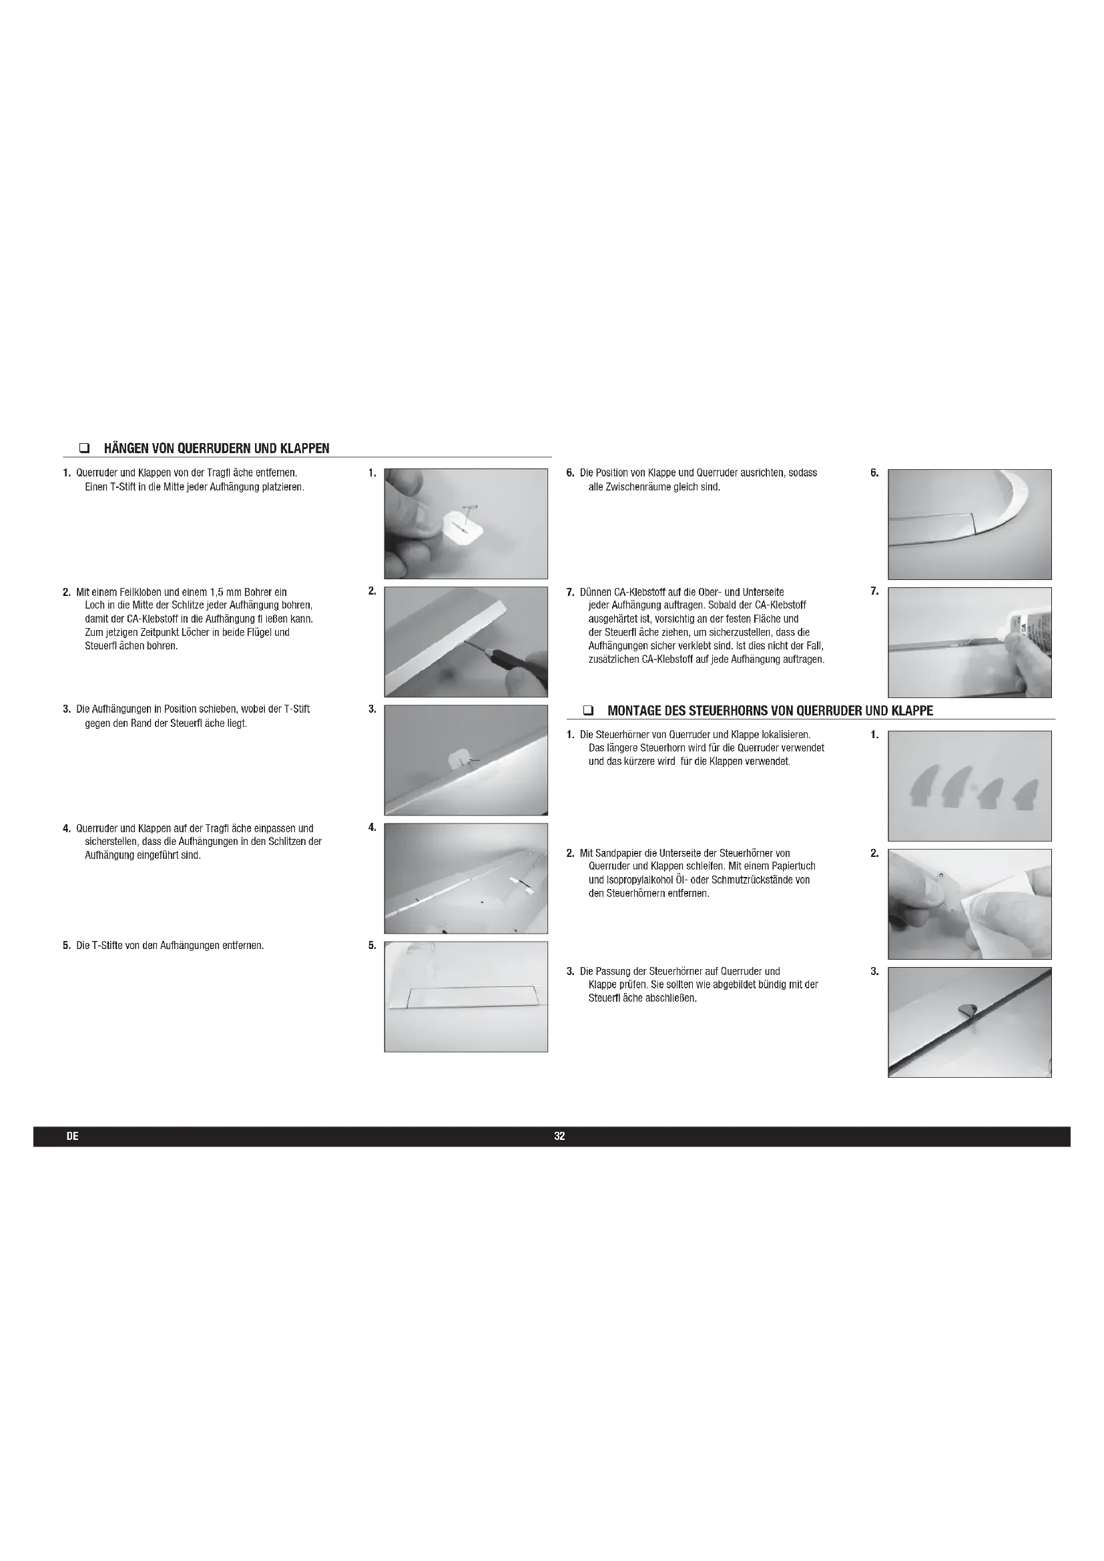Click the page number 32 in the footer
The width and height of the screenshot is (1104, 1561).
559,1136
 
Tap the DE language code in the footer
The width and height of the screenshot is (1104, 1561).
73,1136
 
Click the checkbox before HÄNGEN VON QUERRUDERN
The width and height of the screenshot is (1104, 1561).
84,448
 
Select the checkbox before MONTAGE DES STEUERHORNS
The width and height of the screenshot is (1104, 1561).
588,711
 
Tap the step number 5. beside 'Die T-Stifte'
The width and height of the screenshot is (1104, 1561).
67,946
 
